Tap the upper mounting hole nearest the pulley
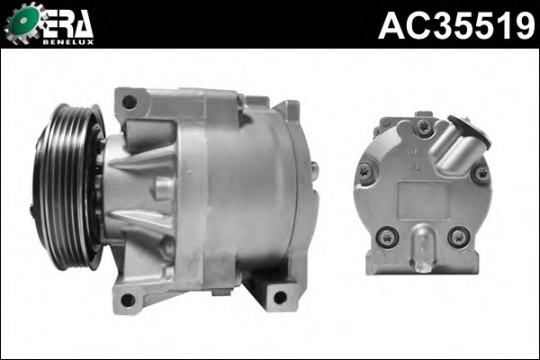(130, 102)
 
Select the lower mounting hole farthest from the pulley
(280, 296)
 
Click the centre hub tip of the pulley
(34, 209)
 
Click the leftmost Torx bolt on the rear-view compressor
(365, 170)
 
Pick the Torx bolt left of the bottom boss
(388, 237)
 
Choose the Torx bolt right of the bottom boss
(459, 237)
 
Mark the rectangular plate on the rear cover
(422, 197)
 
